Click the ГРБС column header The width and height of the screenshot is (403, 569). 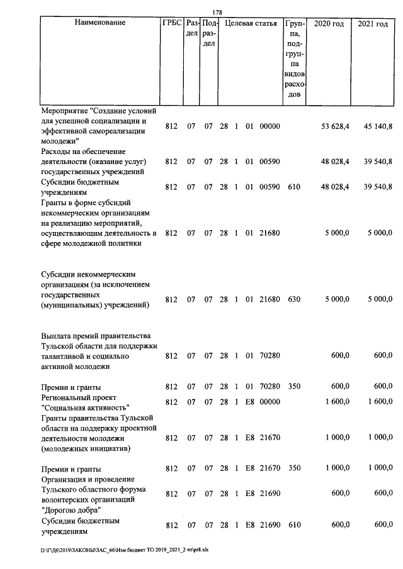tap(171, 23)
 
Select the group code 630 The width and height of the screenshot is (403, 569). tap(293, 299)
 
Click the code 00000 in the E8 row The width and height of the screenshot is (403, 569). tap(270, 402)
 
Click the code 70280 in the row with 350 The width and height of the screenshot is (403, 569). tap(270, 387)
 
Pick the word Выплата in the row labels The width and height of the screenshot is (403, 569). tap(55, 335)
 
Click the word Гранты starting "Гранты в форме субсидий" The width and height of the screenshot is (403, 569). tap(54, 202)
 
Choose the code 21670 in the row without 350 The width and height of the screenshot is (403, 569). tap(270, 437)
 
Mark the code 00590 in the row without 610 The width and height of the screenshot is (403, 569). tap(270, 161)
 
